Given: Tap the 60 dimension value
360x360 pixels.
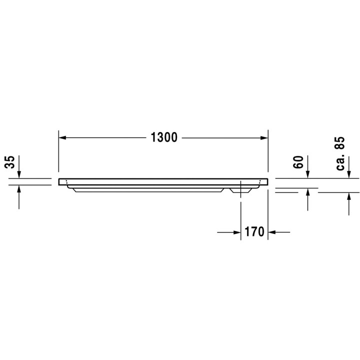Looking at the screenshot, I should (298, 162).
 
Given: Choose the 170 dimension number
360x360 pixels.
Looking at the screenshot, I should (254, 232).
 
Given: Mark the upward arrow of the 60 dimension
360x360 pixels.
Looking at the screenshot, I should (308, 193).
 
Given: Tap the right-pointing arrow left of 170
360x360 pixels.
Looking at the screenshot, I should (236, 232).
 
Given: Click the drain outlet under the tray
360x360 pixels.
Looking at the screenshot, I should (240, 190).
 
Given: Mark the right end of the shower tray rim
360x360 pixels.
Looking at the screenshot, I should (266, 181).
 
